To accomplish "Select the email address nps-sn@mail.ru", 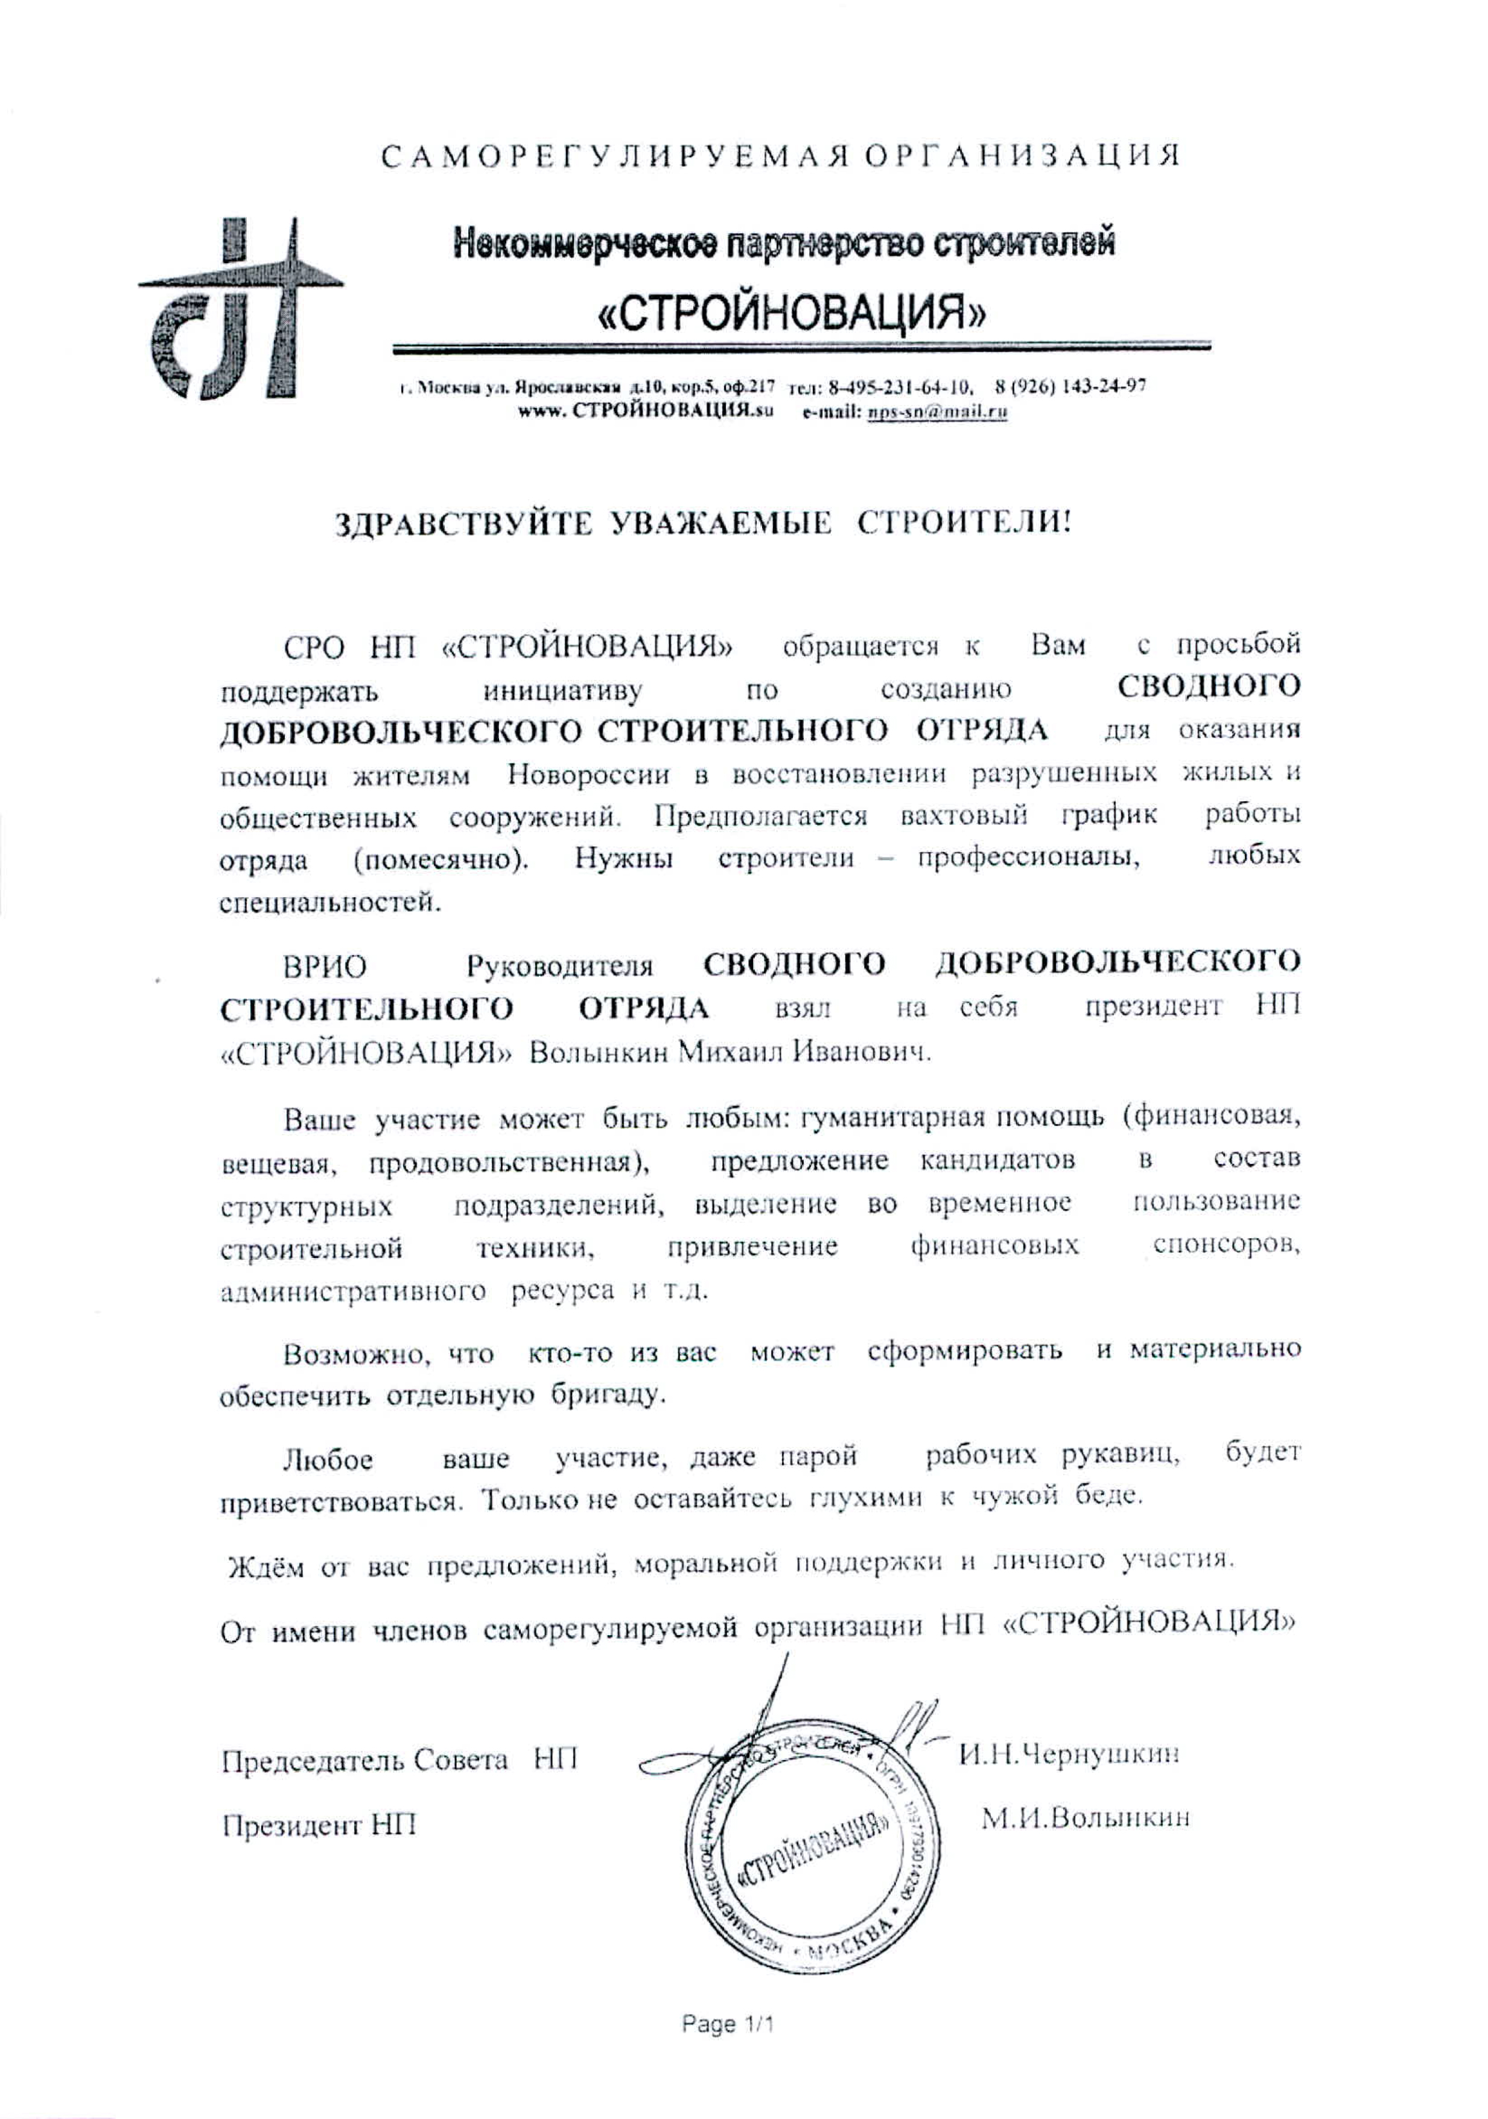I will pyautogui.click(x=933, y=413).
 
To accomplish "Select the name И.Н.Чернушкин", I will pyautogui.click(x=1069, y=1753).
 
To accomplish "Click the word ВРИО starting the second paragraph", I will pyautogui.click(x=325, y=967).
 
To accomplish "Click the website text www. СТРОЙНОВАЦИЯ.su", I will pyautogui.click(x=644, y=413).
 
